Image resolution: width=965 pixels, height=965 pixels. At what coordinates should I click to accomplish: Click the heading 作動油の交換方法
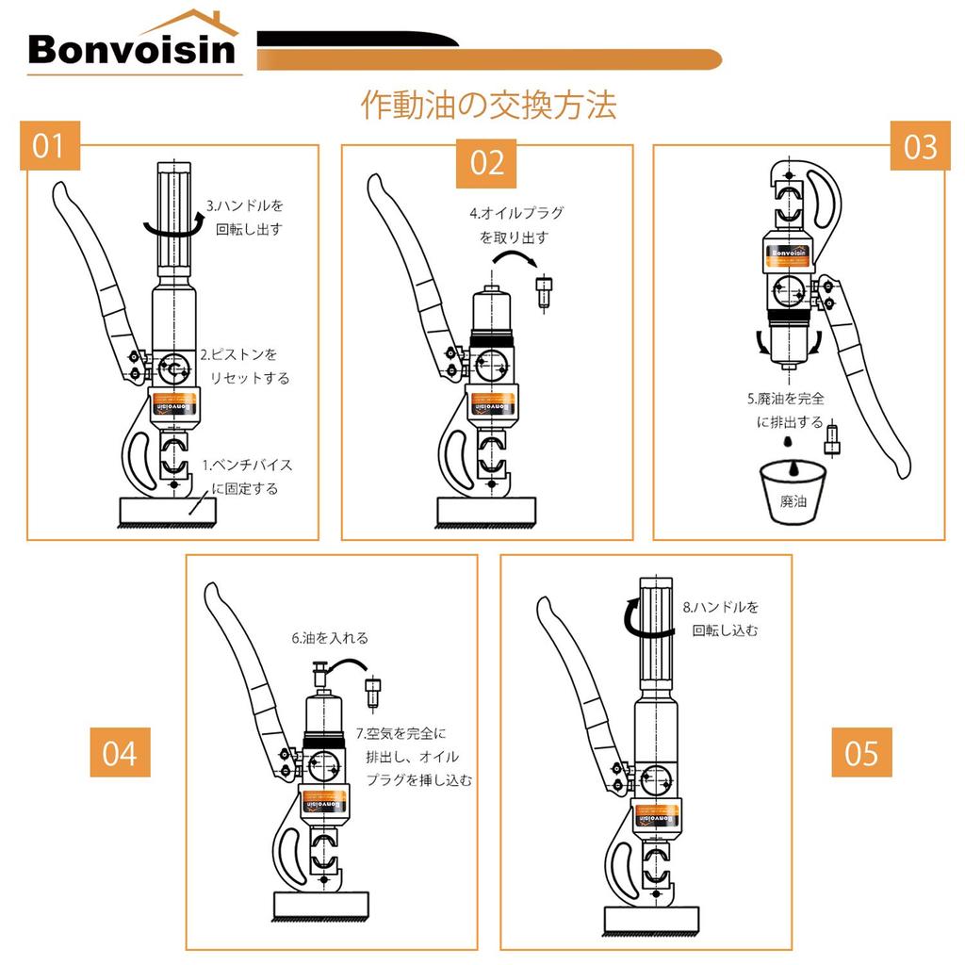489,105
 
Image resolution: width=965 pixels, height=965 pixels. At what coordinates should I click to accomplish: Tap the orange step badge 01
49,146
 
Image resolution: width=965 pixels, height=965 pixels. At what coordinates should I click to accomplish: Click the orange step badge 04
120,753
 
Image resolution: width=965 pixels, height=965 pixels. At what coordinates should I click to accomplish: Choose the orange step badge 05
861,753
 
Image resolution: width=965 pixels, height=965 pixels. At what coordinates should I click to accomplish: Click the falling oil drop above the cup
793,466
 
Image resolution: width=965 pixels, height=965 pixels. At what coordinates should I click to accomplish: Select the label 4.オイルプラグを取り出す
515,224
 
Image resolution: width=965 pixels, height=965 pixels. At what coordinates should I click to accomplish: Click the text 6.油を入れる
329,638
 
